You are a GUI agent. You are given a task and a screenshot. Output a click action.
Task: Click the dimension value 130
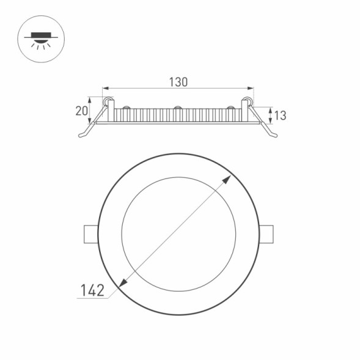tap(178, 81)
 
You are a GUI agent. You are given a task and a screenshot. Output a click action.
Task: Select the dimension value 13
tap(280, 114)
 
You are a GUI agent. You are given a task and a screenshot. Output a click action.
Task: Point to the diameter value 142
tap(92, 290)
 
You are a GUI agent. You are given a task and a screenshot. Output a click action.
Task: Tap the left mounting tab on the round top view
tap(90, 233)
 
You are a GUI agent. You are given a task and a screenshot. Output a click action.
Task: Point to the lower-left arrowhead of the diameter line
tap(122, 282)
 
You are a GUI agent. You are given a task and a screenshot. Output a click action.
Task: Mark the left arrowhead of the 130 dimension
tap(105, 88)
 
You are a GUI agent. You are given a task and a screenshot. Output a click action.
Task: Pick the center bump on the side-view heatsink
tap(177, 108)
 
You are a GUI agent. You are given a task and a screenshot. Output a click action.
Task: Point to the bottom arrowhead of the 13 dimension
tap(270, 122)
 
